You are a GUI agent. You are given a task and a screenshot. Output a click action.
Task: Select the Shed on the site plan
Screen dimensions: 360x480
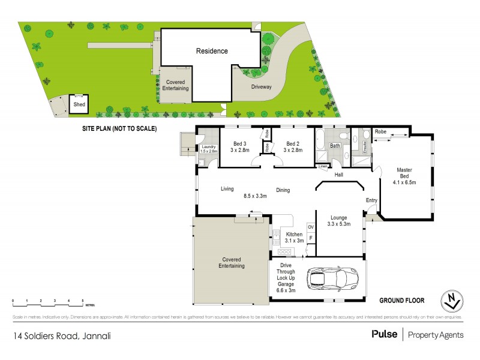[79, 104]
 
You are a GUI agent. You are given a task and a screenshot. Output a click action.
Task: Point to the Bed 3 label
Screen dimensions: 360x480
[239, 144]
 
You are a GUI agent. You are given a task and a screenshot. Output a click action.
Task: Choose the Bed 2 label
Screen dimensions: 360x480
[292, 144]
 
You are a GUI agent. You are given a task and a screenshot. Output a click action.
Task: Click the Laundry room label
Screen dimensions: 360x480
[209, 146]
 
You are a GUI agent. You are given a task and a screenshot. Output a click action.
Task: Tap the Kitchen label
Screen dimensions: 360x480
[294, 234]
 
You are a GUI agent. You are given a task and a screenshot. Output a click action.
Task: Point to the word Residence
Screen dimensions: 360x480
[211, 51]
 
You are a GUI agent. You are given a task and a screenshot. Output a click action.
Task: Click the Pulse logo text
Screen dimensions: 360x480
[383, 335]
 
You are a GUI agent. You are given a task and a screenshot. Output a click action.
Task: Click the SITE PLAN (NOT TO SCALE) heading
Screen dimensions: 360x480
[119, 128]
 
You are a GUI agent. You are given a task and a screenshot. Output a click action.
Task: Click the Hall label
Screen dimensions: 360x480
[339, 175]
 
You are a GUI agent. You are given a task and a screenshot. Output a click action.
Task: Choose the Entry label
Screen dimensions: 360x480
[372, 200]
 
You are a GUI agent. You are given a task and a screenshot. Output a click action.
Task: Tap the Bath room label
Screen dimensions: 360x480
[334, 146]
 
